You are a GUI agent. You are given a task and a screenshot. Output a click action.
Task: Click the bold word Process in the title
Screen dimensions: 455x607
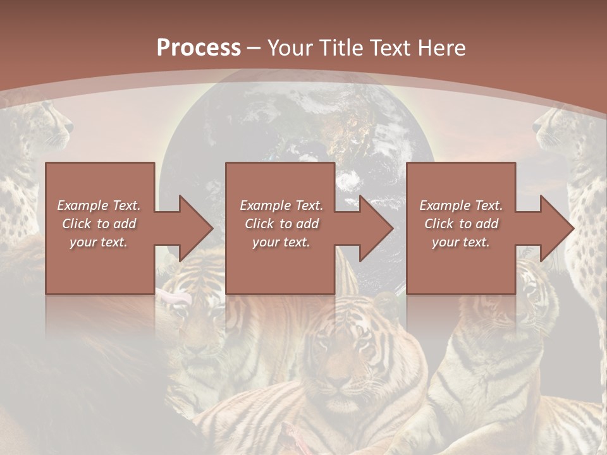point(199,48)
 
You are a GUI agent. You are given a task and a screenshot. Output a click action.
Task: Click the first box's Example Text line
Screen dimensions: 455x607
point(99,205)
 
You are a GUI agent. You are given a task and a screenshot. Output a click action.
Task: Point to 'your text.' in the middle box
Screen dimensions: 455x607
point(281,242)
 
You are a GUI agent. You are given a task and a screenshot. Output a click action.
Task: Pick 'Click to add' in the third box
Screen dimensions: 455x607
point(461,224)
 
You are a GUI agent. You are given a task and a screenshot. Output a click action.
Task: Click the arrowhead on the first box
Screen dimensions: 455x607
point(193,228)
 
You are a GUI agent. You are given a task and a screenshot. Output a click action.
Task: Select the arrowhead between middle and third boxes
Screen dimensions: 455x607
point(374,228)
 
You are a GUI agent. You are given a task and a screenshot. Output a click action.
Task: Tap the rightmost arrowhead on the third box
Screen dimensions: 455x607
point(555,228)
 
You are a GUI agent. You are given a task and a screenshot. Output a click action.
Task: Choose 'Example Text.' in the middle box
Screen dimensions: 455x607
point(281,205)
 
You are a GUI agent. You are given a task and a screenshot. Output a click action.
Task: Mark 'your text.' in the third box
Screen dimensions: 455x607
point(461,242)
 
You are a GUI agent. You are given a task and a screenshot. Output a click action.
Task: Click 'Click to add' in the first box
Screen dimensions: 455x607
point(99,224)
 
